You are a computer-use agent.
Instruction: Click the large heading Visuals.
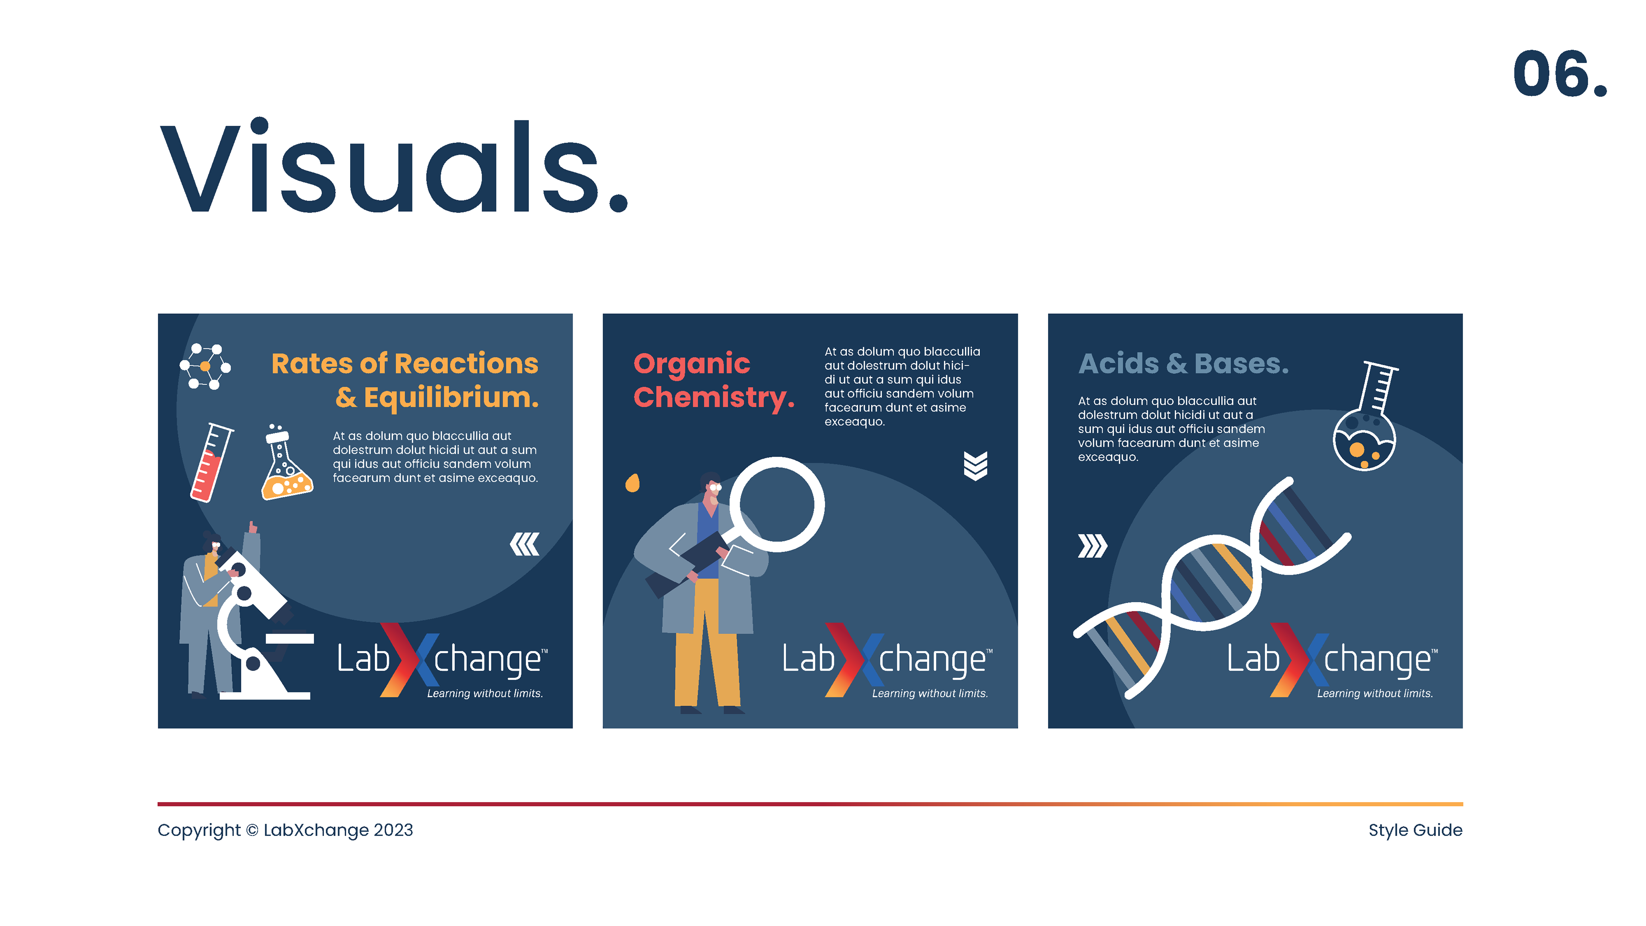point(394,166)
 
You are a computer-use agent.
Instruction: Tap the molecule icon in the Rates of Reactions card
point(205,366)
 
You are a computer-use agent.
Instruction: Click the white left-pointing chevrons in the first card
point(525,544)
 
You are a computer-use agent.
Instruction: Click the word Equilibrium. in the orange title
point(451,397)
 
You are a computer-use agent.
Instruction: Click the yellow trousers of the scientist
point(707,642)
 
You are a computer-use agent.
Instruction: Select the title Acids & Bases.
point(1183,363)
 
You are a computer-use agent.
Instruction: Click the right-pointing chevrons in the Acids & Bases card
point(1092,546)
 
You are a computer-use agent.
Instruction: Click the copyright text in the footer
point(285,830)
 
